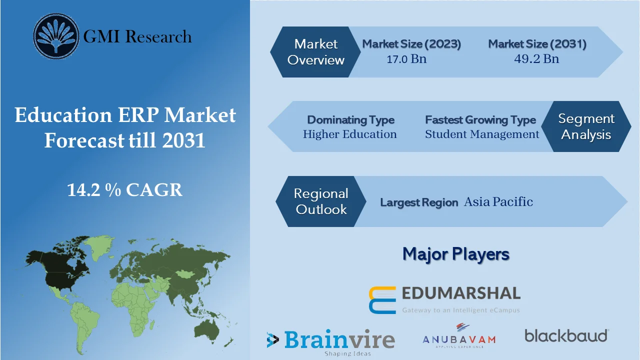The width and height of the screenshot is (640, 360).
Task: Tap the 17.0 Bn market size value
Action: click(x=406, y=59)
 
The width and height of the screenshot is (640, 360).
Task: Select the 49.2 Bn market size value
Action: click(x=536, y=59)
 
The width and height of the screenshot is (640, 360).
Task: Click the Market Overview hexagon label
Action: click(x=316, y=52)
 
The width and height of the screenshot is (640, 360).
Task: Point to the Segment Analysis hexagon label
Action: click(x=586, y=126)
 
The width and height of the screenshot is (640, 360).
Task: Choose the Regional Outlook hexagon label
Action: click(x=321, y=201)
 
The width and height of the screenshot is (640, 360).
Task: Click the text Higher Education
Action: click(x=349, y=134)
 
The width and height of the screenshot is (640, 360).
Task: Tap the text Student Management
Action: click(x=482, y=134)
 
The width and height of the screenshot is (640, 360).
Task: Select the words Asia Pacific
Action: click(x=498, y=202)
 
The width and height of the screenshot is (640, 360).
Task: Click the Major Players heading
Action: click(x=456, y=254)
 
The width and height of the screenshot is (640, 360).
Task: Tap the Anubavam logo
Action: click(x=459, y=335)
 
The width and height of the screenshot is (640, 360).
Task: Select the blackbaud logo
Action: click(x=566, y=335)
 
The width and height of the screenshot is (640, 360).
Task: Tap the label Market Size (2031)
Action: click(x=537, y=44)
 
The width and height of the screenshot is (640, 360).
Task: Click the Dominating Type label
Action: click(x=350, y=120)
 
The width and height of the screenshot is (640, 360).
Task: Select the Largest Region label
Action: click(x=419, y=202)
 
